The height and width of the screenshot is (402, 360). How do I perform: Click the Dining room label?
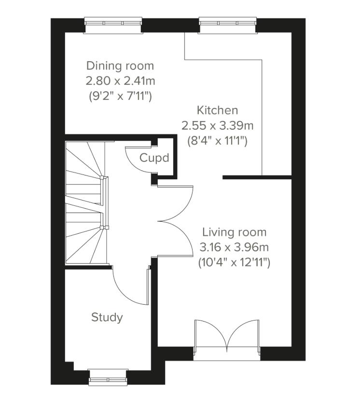120,66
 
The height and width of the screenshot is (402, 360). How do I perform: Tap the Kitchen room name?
217,110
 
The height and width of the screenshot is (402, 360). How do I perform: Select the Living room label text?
234,232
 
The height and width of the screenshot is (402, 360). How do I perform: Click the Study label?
107,317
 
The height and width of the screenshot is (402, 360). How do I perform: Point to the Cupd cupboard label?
154,158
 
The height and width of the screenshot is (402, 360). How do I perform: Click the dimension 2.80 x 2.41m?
120,81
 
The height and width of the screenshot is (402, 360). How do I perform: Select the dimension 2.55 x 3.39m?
217,126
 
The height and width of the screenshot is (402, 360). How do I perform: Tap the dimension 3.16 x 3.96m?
234,248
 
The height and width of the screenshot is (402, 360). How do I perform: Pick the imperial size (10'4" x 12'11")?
234,263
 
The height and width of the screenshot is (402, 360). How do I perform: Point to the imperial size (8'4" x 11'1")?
217,141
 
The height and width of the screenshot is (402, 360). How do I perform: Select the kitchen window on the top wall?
227,24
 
